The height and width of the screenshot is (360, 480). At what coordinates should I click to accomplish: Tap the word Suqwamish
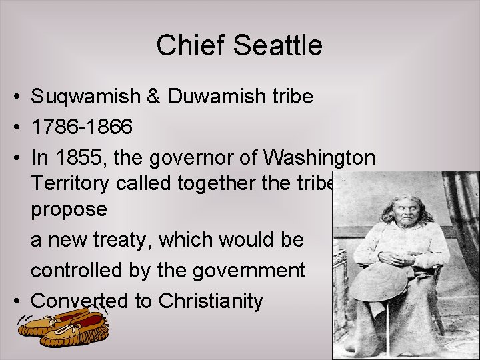[x=86, y=97]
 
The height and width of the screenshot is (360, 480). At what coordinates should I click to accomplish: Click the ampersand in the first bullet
[x=154, y=97]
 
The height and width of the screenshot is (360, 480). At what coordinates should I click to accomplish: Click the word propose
[x=69, y=209]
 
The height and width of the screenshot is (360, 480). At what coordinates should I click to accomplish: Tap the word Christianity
[x=211, y=301]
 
